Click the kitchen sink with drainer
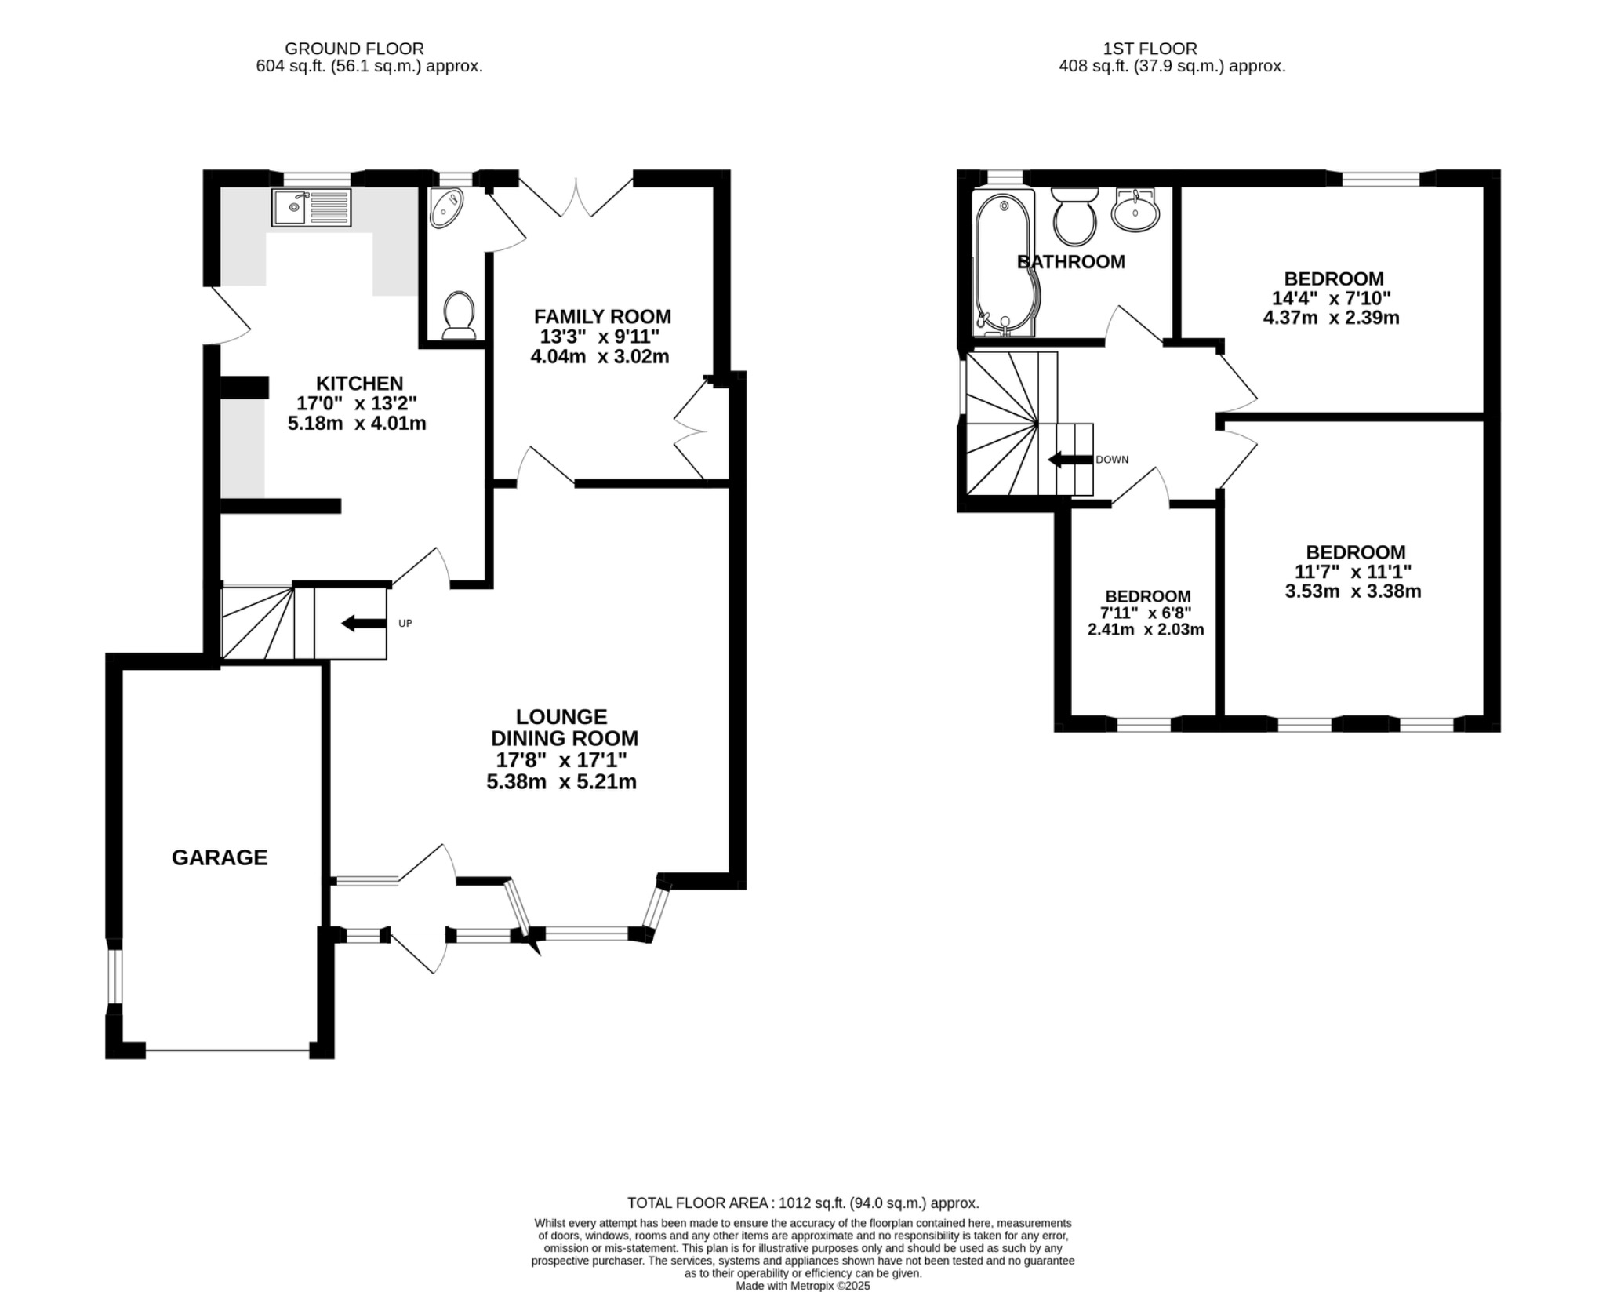coord(311,207)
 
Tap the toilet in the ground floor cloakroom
coord(459,315)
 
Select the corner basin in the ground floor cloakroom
coord(445,208)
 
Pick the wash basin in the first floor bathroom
coord(1135,209)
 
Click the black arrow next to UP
coord(358,624)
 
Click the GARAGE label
coord(220,857)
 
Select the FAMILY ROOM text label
coord(602,317)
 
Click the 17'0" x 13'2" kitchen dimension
coord(357,403)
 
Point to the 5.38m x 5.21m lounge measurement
coord(561,782)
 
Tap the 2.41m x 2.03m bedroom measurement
coord(1146,629)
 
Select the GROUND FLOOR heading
coord(354,49)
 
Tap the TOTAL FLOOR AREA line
coord(803,1203)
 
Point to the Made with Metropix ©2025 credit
coord(803,1286)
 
